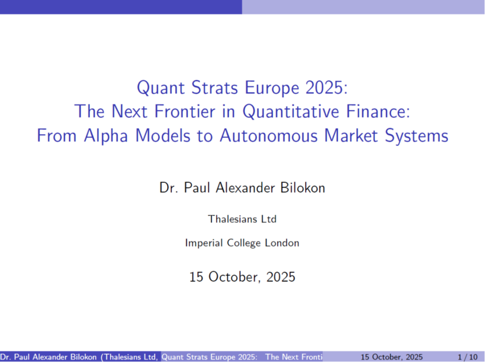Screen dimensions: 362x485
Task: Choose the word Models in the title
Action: [163, 136]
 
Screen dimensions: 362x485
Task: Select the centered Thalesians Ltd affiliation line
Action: [242, 219]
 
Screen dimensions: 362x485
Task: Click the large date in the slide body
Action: [242, 277]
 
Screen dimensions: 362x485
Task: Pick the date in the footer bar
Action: [391, 357]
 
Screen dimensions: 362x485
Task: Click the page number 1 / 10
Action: [468, 357]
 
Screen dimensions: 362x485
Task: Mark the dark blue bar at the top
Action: [121, 7]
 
